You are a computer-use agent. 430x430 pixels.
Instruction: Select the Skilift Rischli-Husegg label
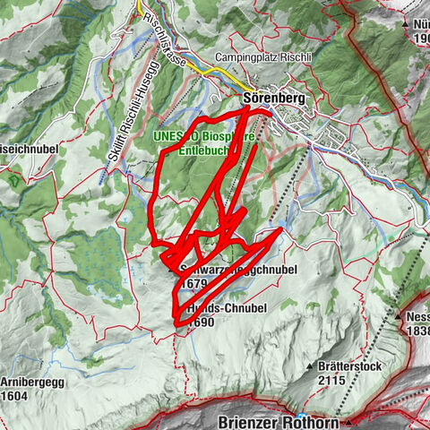point(119,116)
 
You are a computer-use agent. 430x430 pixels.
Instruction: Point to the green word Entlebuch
point(205,150)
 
